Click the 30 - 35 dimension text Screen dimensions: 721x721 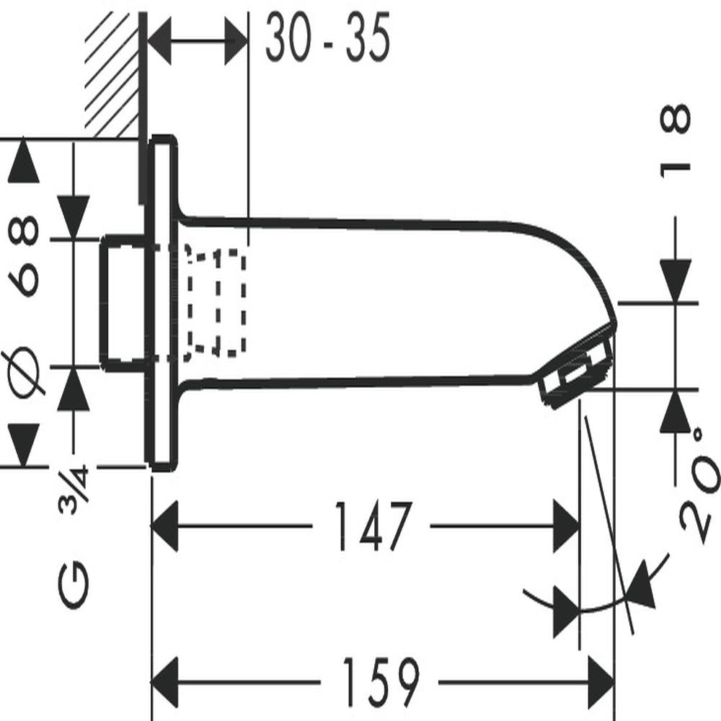pos(328,37)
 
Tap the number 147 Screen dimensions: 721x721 pos(373,526)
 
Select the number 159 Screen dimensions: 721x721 pos(381,682)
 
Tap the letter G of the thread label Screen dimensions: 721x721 pos(74,585)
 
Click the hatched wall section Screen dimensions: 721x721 pos(112,74)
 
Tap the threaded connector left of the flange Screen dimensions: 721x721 pos(124,303)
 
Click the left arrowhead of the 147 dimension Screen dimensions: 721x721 pos(164,526)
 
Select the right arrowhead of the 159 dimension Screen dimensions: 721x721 pos(601,682)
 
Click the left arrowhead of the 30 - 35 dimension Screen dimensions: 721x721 pos(159,40)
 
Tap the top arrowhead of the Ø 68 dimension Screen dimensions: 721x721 pos(24,162)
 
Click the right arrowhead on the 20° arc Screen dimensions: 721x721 pos(642,584)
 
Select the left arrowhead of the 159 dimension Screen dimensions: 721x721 pos(164,682)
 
